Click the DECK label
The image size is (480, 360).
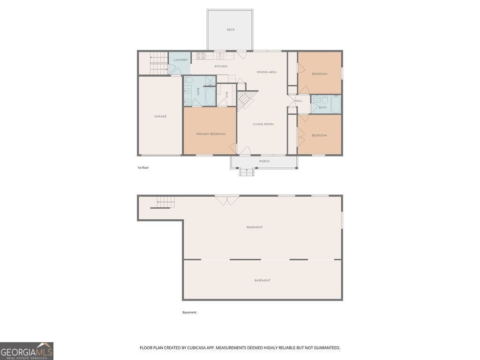tap(231, 30)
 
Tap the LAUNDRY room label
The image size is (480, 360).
tap(180, 60)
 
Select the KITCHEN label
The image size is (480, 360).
tap(221, 67)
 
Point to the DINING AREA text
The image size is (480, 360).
tap(266, 72)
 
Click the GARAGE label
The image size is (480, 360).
tap(160, 116)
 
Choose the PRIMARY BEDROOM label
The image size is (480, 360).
tap(210, 134)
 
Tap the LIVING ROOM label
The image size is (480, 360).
tap(263, 124)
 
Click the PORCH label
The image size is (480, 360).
tap(264, 161)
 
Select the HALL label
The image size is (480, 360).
tap(299, 101)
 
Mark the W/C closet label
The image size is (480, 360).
tap(227, 95)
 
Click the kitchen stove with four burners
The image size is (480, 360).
tap(200, 55)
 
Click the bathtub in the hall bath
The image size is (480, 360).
tap(336, 104)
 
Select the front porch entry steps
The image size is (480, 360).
tap(247, 172)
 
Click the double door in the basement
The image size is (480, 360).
tap(227, 200)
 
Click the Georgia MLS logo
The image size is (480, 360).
tap(27, 351)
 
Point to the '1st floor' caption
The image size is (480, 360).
tap(143, 167)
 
